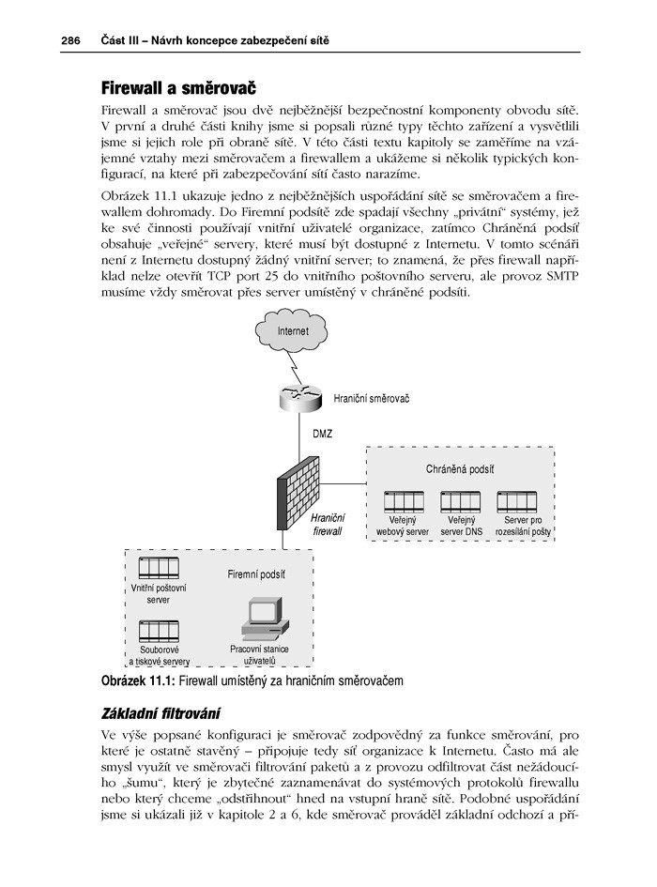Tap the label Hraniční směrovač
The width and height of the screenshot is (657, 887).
[372, 398]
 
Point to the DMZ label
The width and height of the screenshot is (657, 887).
[322, 434]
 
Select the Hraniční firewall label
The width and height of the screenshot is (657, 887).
[328, 524]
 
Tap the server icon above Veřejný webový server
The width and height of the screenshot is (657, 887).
[402, 500]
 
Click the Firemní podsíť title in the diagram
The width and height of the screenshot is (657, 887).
[256, 573]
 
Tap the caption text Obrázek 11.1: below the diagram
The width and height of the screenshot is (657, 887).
[130, 679]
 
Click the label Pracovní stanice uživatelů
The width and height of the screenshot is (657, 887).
[259, 654]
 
